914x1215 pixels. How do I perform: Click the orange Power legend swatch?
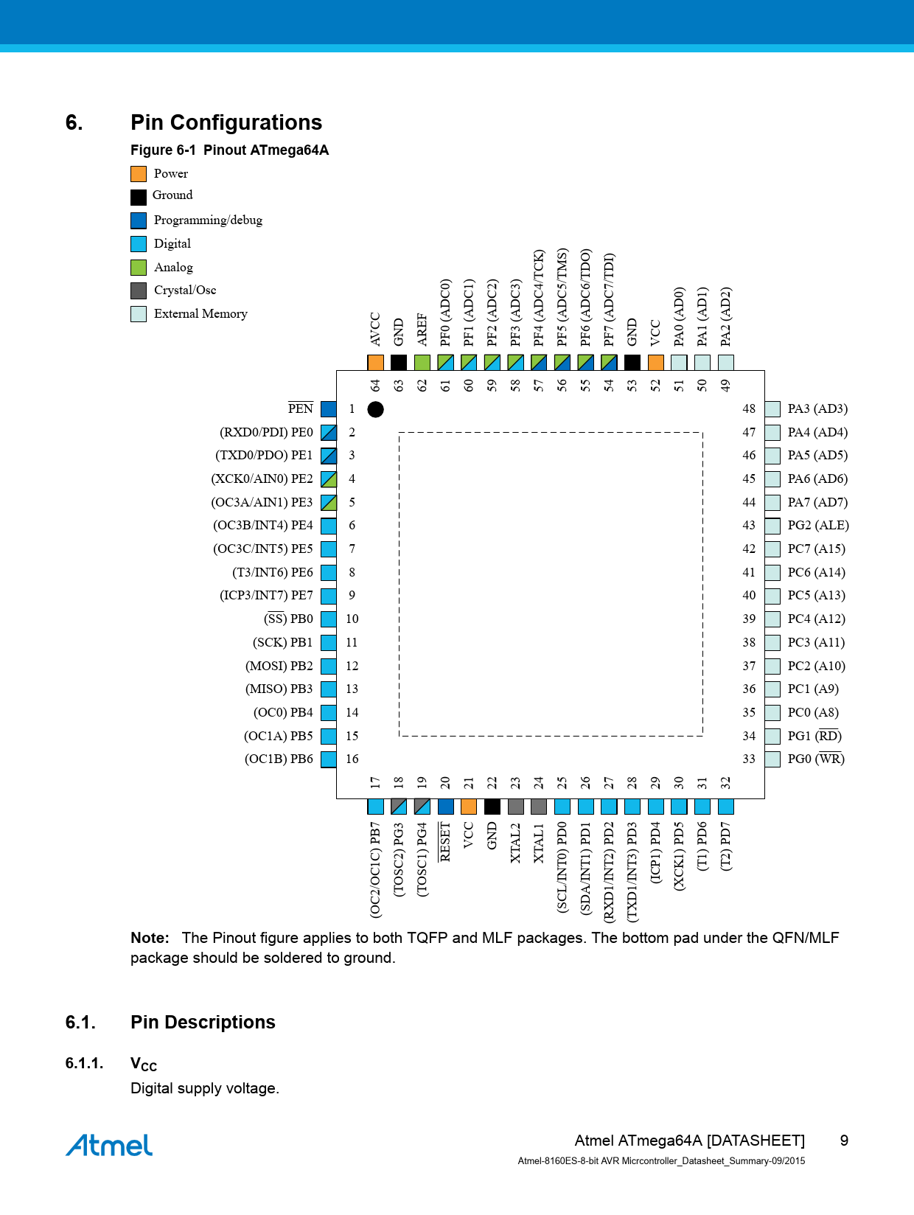click(139, 174)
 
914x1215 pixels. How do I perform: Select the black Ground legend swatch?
click(139, 197)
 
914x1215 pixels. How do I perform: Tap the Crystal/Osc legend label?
click(185, 290)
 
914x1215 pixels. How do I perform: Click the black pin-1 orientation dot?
click(376, 409)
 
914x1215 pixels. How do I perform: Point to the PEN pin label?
click(301, 408)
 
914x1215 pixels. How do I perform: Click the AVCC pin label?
click(376, 329)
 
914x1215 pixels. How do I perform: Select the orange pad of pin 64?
click(376, 363)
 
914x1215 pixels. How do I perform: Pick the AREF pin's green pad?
click(422, 363)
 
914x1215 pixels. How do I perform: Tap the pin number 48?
click(749, 408)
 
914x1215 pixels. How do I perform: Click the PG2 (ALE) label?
click(817, 526)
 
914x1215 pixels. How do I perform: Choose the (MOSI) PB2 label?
click(279, 666)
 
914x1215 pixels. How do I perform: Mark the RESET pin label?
click(444, 841)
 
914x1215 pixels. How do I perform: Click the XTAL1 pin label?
click(538, 843)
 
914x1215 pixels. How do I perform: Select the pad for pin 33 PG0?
click(772, 759)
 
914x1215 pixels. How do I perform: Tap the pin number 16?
click(352, 759)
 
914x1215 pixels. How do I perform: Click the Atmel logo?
click(109, 1145)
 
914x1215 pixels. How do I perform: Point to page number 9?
click(844, 1141)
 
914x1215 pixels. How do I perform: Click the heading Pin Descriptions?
click(203, 1022)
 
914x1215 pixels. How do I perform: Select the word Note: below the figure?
click(150, 938)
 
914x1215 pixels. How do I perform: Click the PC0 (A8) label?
click(813, 712)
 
